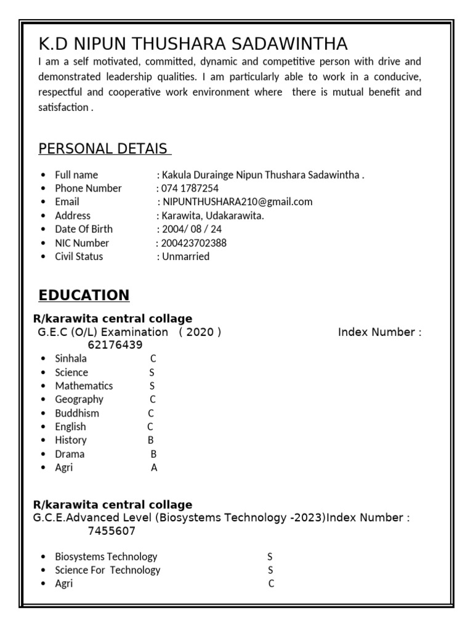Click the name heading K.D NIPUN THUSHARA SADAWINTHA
pyautogui.click(x=193, y=44)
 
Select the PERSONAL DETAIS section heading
pyautogui.click(x=104, y=149)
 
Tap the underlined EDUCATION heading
pyautogui.click(x=84, y=295)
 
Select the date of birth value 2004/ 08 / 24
pyautogui.click(x=192, y=229)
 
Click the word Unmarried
pyautogui.click(x=185, y=256)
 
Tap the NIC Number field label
pyautogui.click(x=82, y=243)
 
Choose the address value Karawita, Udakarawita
pyautogui.click(x=212, y=216)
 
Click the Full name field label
pyautogui.click(x=76, y=175)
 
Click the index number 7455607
pyautogui.click(x=111, y=531)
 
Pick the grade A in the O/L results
pyautogui.click(x=154, y=468)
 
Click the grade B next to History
pyautogui.click(x=150, y=440)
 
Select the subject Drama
pyautogui.click(x=70, y=454)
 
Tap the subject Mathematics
pyautogui.click(x=84, y=386)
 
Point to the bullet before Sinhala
pyautogui.click(x=42, y=359)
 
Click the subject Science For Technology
pyautogui.click(x=107, y=570)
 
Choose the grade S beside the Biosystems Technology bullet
pyautogui.click(x=270, y=556)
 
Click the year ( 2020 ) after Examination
pyautogui.click(x=200, y=332)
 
